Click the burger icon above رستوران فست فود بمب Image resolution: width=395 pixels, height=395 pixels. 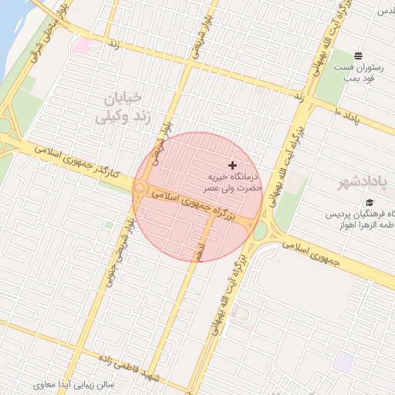[359, 56]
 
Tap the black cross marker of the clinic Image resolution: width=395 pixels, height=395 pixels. [232, 165]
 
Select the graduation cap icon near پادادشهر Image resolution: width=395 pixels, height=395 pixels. [359, 203]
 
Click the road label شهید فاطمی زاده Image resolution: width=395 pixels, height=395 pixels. [145, 369]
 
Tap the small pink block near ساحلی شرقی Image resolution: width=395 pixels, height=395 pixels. [81, 46]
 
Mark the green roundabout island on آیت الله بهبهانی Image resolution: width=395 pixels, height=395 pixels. [260, 230]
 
